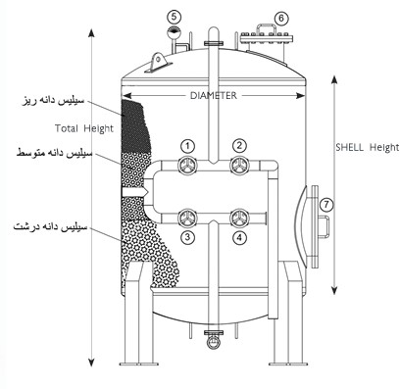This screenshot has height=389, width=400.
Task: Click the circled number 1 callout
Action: (187, 146)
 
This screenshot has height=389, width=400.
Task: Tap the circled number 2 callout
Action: (239, 146)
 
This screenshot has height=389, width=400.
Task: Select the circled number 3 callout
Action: (187, 237)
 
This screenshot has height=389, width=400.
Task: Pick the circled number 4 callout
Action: (239, 237)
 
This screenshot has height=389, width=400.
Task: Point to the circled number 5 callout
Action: (175, 16)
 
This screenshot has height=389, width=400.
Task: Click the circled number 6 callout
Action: (281, 19)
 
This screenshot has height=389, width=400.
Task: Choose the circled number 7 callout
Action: (326, 205)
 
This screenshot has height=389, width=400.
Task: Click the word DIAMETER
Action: (214, 96)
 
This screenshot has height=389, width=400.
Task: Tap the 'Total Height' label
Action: (84, 128)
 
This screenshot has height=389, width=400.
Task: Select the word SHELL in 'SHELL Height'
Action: (350, 148)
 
